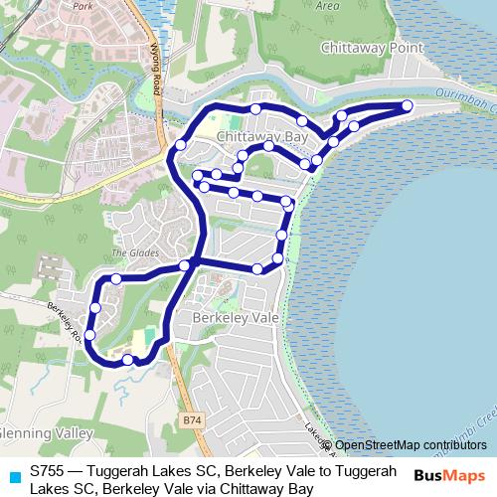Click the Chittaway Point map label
[x=371, y=48]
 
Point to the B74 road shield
[x=192, y=421]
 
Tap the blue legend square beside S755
[x=14, y=475]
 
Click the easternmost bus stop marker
[x=407, y=106]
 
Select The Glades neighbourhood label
[x=135, y=253]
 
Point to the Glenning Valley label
[x=47, y=433]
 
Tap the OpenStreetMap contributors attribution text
[x=411, y=445]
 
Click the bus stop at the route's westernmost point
[x=89, y=335]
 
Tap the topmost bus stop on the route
[x=255, y=108]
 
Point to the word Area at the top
[x=327, y=5]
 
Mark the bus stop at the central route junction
[x=185, y=265]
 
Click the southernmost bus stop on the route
[x=127, y=359]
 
